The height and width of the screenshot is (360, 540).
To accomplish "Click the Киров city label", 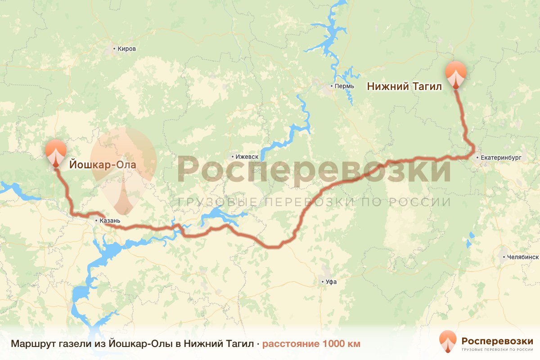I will point(126,49).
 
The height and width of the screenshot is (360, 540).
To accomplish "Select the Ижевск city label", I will point(247,157).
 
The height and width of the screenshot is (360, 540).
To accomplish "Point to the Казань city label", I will point(110,221).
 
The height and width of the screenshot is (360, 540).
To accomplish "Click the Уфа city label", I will point(331,282).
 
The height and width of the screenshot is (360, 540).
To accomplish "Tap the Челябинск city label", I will point(522,257).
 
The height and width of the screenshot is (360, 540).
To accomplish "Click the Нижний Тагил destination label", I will point(405,86).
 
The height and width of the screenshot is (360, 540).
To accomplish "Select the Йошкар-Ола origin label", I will point(103,165).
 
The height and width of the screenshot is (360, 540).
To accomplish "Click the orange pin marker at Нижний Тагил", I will point(456,74).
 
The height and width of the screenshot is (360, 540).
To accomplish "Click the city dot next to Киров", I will point(114,49).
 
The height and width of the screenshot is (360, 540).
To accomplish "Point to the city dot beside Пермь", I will point(332,86).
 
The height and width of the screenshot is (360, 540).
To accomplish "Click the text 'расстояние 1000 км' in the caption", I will point(311,344).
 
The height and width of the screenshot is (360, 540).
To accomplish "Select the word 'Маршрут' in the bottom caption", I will point(29,344).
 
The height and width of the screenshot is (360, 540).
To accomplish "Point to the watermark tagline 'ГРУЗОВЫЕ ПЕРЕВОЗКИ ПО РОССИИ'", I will point(314,202).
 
